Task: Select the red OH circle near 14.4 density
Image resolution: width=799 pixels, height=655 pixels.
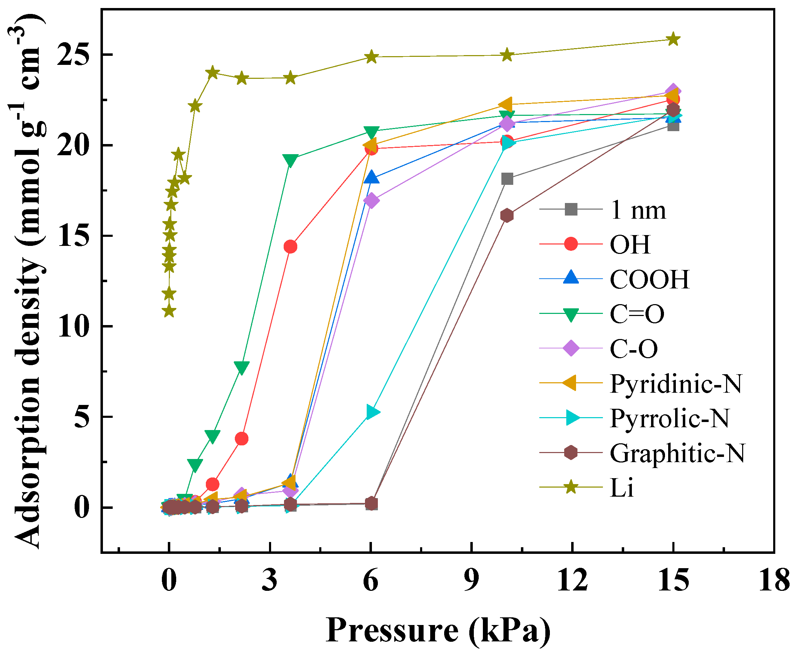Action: tap(290, 247)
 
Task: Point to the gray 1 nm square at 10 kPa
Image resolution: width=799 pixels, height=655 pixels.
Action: tap(507, 179)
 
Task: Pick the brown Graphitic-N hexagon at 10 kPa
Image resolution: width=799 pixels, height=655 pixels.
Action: tap(507, 216)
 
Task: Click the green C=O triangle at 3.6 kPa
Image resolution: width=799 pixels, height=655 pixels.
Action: tap(290, 160)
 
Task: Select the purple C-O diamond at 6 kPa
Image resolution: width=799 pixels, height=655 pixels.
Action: tap(371, 200)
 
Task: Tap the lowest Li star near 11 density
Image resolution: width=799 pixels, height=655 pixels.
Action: tap(169, 311)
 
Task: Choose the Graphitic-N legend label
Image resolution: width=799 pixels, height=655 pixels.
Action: tap(677, 453)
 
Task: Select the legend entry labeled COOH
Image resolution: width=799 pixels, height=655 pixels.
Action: tap(649, 280)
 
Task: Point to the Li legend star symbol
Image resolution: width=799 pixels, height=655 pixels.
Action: tap(571, 487)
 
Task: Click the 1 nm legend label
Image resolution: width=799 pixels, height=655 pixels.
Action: tap(638, 210)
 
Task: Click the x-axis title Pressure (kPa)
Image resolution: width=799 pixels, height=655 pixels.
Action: tap(438, 631)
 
